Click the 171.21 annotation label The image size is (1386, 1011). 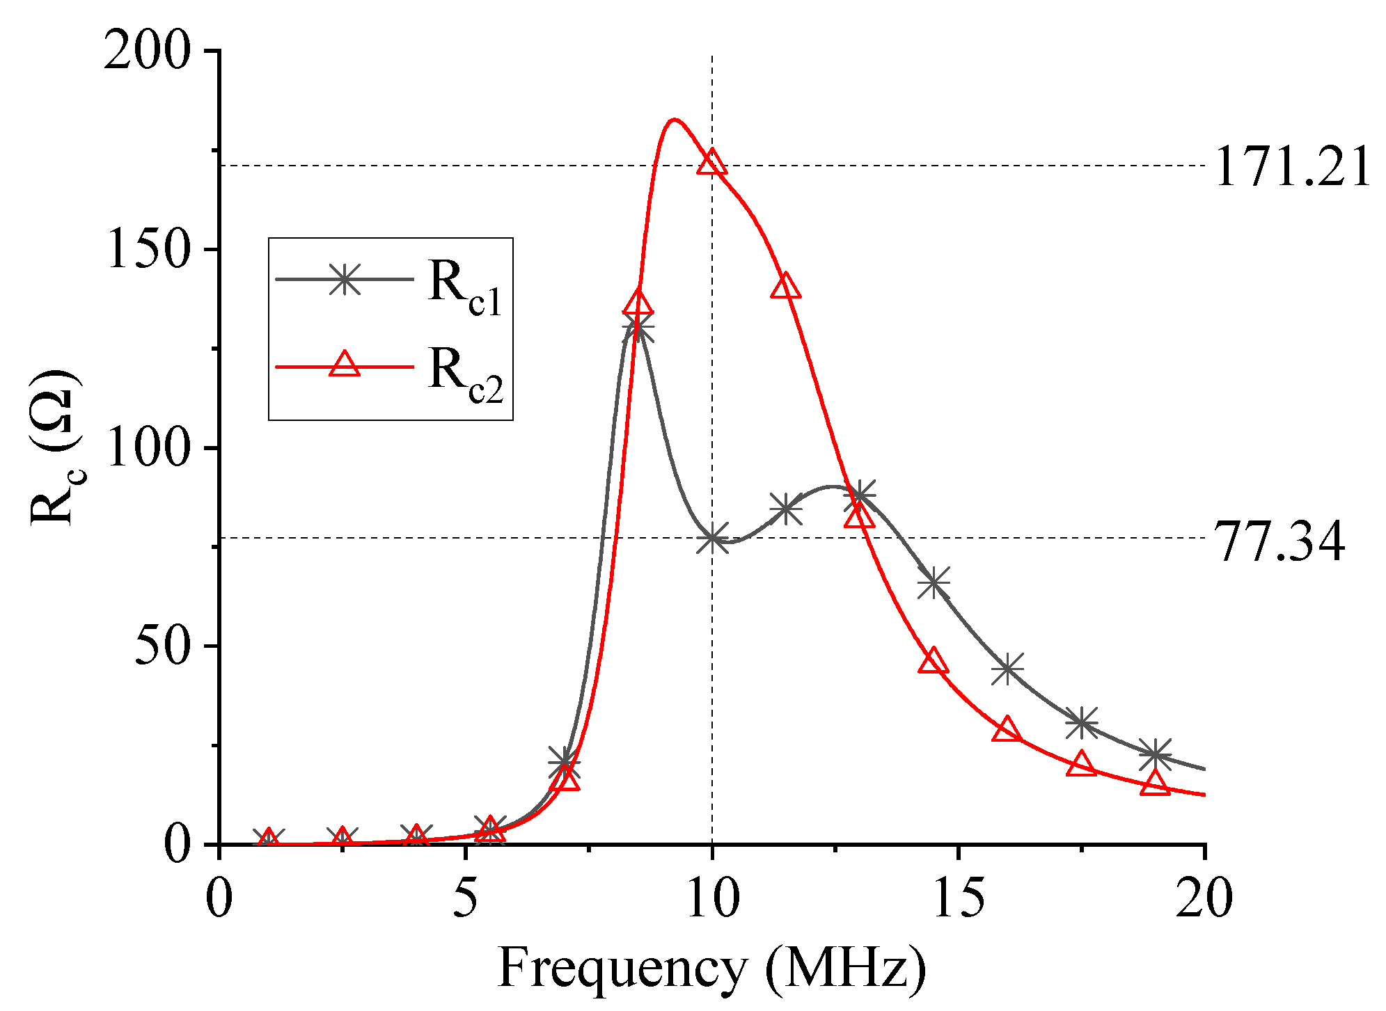point(1292,168)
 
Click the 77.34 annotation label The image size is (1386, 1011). point(1279,542)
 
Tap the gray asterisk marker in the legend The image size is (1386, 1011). point(345,279)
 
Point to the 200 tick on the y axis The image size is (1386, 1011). point(147,51)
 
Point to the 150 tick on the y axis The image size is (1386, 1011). point(147,250)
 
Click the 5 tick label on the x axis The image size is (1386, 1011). point(465,899)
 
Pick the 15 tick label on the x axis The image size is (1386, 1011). point(959,899)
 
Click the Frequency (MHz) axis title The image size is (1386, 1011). point(711,969)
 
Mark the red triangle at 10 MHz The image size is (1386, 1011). point(711,163)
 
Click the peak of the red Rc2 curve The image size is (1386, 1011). point(673,120)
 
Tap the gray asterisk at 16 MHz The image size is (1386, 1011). point(1007,669)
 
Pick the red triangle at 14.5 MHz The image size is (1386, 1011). point(933,662)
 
